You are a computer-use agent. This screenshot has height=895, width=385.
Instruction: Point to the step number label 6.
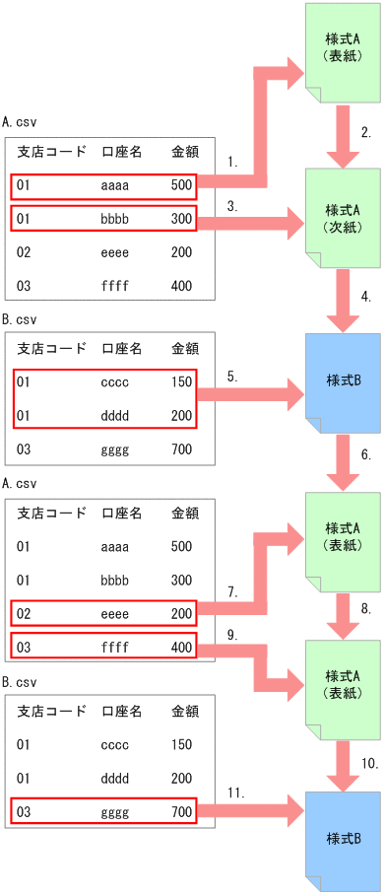tap(365, 455)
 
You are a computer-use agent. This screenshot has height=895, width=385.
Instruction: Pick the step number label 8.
tap(364, 609)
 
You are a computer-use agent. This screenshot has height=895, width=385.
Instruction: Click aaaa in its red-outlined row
tap(116, 185)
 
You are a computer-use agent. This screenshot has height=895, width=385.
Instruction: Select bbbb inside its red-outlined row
tap(116, 218)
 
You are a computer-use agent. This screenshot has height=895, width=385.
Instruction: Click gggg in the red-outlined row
tap(116, 812)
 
